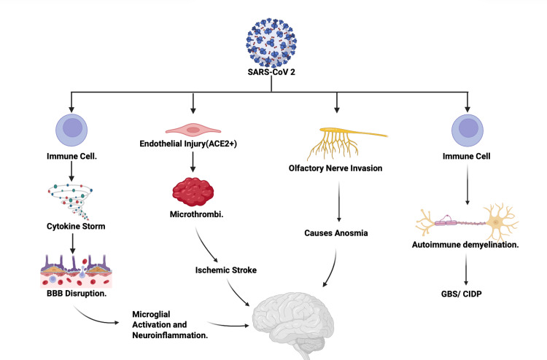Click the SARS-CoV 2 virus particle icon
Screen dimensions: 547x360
pos(271,42)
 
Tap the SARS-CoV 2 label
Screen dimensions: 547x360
pos(271,72)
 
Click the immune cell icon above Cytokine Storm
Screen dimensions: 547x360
pos(71,130)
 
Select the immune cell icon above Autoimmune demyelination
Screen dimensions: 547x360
pos(468,130)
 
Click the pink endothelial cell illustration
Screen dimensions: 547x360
pos(193,130)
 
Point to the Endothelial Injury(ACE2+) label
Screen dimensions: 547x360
pos(188,144)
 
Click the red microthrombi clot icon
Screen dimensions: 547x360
pos(193,192)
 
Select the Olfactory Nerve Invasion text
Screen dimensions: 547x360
pos(335,168)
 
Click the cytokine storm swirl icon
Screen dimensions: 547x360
pos(71,201)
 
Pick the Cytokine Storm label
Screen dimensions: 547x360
pos(76,226)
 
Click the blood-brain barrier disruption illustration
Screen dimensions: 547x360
pos(76,271)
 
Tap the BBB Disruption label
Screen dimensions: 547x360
pos(77,294)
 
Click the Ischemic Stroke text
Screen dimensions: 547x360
pos(225,270)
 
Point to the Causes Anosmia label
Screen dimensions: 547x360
pos(336,232)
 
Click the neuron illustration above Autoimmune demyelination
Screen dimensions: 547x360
pos(467,222)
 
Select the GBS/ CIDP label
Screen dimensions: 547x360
pos(461,294)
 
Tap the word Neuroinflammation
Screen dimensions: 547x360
pos(170,335)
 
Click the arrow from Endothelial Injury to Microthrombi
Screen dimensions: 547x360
pos(193,162)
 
